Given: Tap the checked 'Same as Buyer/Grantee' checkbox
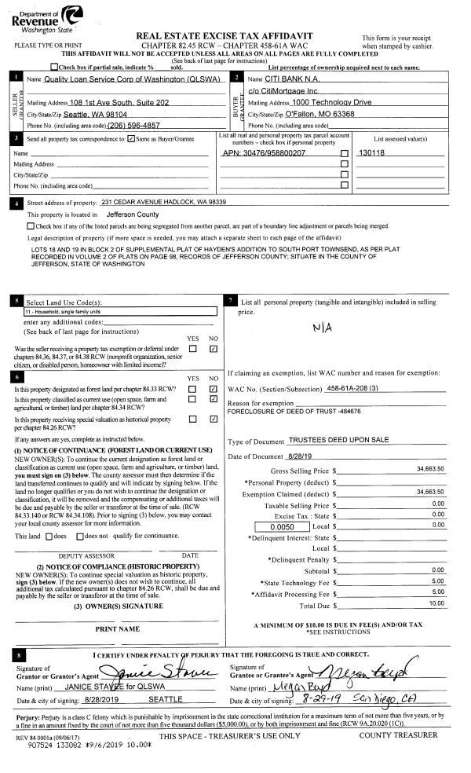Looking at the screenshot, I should [130, 139].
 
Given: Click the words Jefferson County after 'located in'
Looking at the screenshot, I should [132, 214].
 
